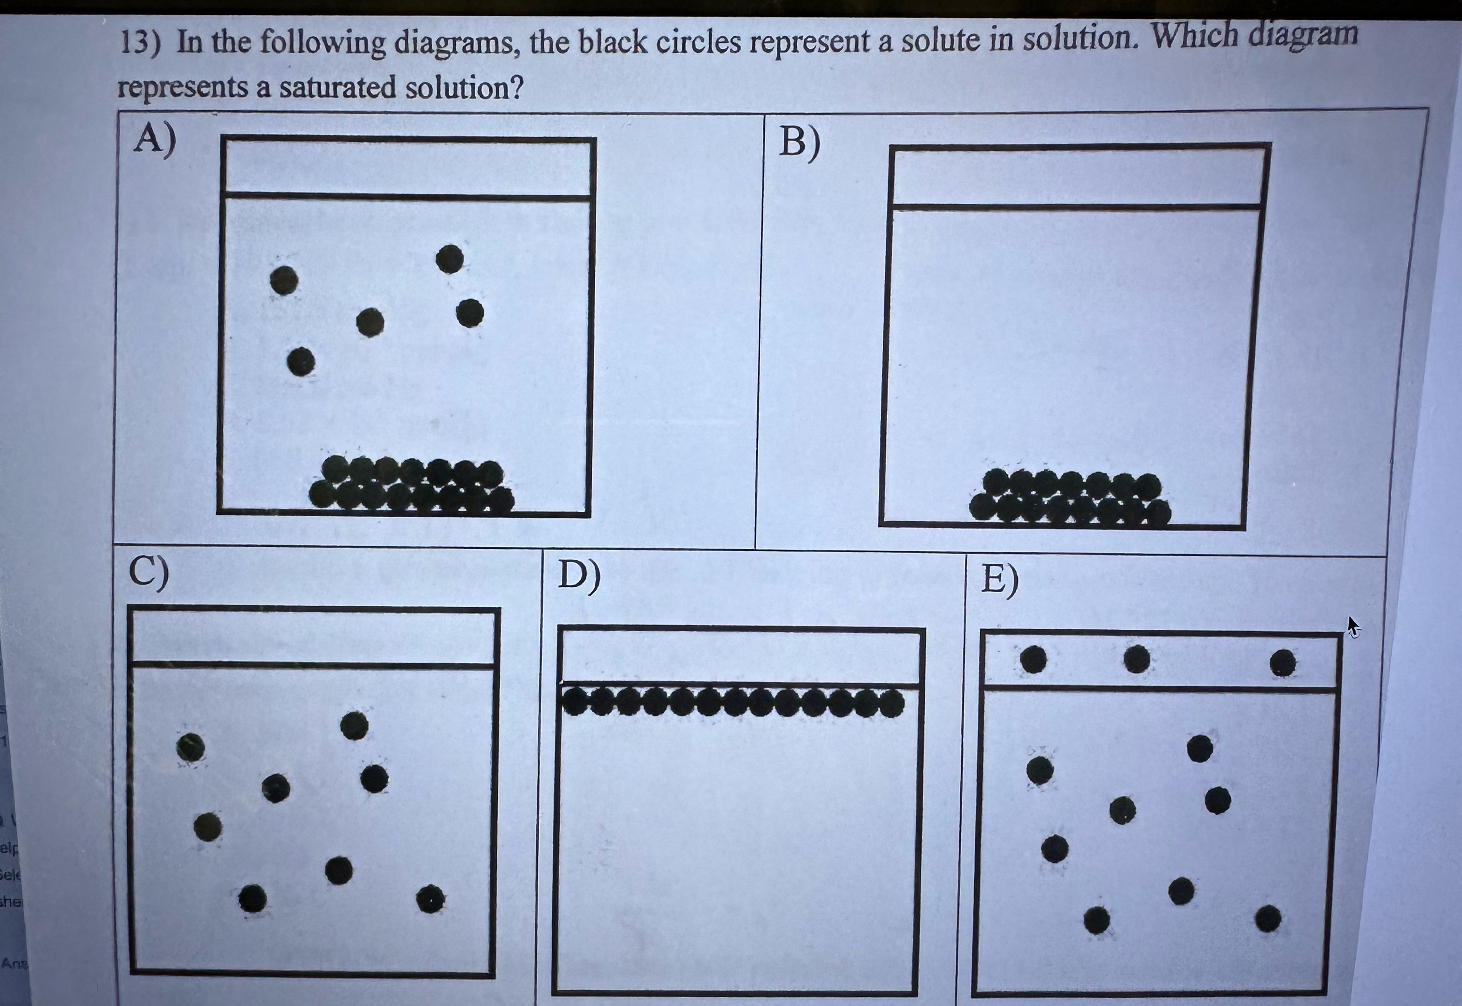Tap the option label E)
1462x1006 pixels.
1000,580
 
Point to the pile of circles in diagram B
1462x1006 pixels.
1070,499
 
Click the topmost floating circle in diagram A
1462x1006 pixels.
450,259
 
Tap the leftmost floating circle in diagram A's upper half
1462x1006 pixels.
284,280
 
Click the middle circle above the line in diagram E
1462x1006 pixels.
1137,659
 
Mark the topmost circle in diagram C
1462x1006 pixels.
354,726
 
